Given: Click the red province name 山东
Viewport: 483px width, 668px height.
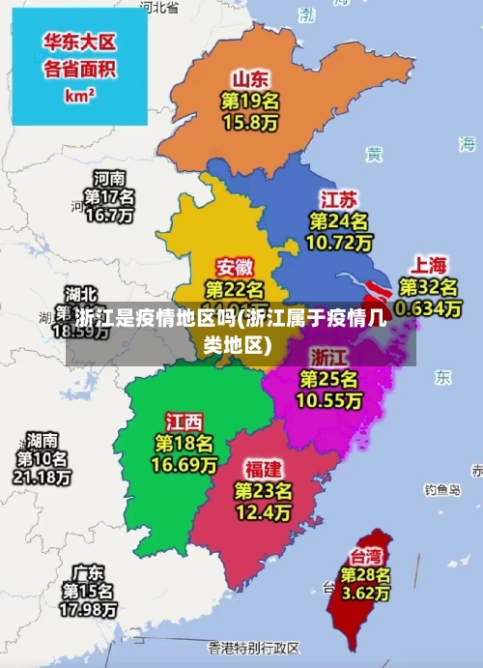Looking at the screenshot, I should tap(250, 78).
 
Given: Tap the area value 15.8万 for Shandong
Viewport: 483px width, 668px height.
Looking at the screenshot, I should tap(250, 123).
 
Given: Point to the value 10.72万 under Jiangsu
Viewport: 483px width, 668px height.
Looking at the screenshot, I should tap(338, 243).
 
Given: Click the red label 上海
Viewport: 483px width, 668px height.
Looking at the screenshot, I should tap(430, 264).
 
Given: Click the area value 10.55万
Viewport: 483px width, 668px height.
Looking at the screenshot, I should tap(328, 400).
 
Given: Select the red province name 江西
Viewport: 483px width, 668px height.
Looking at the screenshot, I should tap(184, 421).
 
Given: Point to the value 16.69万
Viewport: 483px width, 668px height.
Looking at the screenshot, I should tap(184, 465).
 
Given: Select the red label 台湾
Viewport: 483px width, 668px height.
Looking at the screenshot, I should tap(364, 556).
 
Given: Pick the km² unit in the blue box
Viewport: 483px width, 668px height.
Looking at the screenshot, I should tap(79, 96).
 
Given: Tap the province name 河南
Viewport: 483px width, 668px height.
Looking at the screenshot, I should tap(108, 178).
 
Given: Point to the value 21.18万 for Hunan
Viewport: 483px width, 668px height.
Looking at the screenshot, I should tap(42, 477).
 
